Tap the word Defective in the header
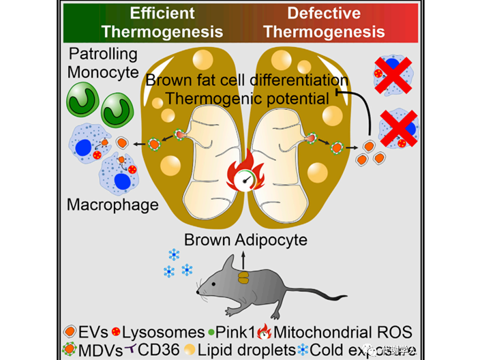324,13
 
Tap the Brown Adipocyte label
246,239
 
